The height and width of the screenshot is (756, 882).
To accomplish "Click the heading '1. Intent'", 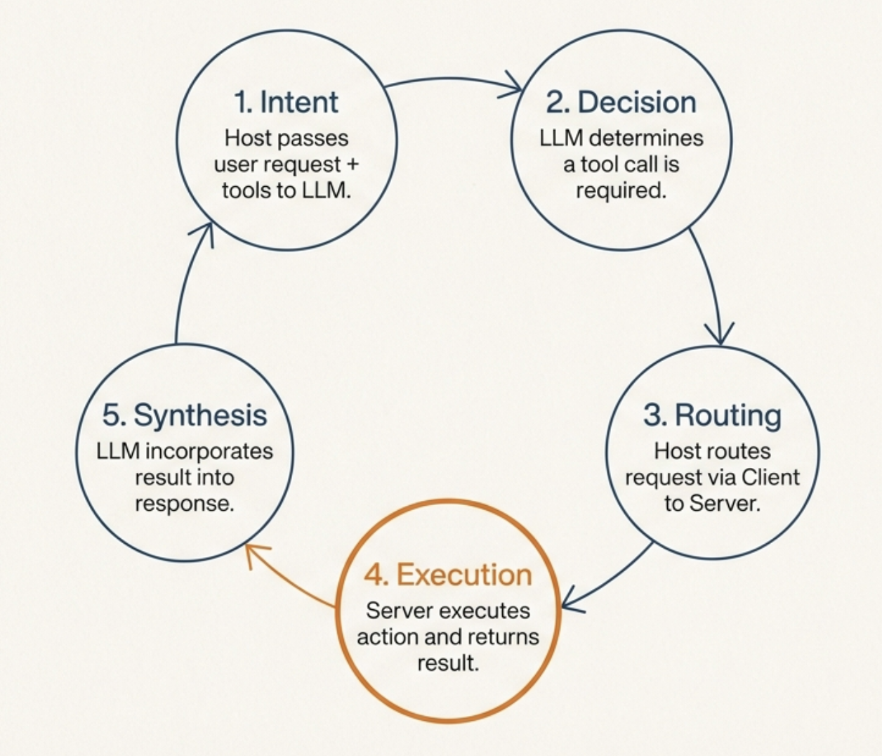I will click(x=286, y=103).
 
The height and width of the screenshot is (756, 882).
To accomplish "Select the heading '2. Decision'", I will click(x=621, y=103).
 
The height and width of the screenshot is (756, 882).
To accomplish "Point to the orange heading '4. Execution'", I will click(x=448, y=575).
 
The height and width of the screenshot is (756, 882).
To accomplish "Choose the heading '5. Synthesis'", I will click(x=185, y=415).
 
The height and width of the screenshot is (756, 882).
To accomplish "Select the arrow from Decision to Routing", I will click(x=711, y=281).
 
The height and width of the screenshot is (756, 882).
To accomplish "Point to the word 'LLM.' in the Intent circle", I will click(x=327, y=190).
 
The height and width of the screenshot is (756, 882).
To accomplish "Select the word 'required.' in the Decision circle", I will click(x=621, y=190).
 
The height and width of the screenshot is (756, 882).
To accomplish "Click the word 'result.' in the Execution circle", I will click(x=448, y=663).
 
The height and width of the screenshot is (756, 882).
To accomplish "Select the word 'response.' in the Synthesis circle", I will click(x=185, y=504).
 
